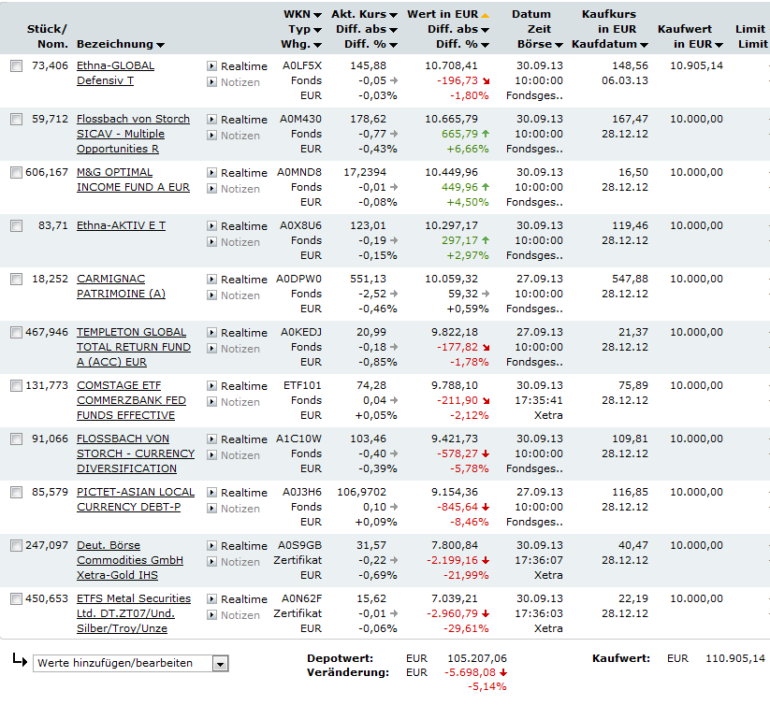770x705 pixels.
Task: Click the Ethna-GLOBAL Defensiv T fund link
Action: click(x=115, y=65)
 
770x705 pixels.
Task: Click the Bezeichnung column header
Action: click(x=114, y=44)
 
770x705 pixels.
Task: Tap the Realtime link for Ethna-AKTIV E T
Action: click(x=243, y=226)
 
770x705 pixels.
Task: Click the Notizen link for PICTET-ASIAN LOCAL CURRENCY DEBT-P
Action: click(x=240, y=509)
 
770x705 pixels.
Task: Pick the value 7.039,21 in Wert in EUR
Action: click(x=451, y=598)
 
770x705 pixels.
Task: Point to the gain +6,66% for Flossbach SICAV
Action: click(x=468, y=149)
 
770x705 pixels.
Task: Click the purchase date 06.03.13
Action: click(x=624, y=80)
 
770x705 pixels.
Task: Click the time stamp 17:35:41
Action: click(x=539, y=400)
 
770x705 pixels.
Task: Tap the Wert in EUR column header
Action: click(x=443, y=15)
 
